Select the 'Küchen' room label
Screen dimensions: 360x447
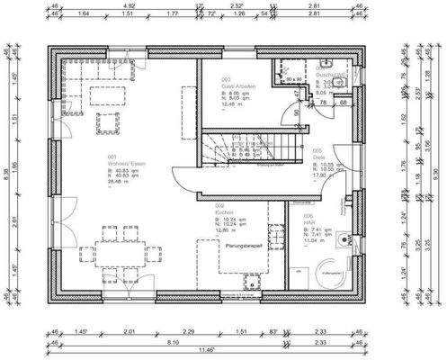pyautogui.click(x=224, y=212)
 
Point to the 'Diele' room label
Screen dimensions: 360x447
pyautogui.click(x=318, y=157)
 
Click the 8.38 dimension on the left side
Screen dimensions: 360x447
pyautogui.click(x=7, y=180)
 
